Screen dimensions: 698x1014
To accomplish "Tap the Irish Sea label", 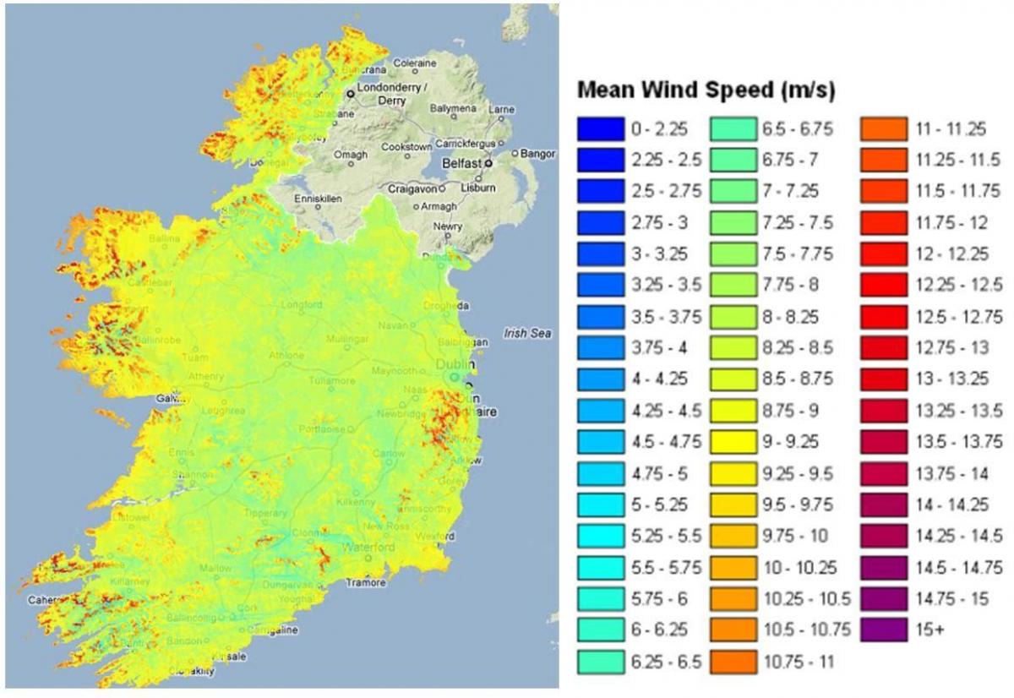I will [527, 334].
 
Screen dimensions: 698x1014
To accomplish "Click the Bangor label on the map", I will [538, 154].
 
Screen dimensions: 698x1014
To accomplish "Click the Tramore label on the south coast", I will [364, 582].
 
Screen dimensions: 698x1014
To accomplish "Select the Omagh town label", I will [351, 155].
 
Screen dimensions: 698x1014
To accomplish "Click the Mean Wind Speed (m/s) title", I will [706, 91].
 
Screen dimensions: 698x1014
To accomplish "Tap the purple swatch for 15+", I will [883, 630].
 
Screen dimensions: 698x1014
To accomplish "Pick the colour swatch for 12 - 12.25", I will [883, 254].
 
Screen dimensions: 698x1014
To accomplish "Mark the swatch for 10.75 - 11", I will [733, 662].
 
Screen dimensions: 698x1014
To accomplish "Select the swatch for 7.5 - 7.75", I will [733, 254].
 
